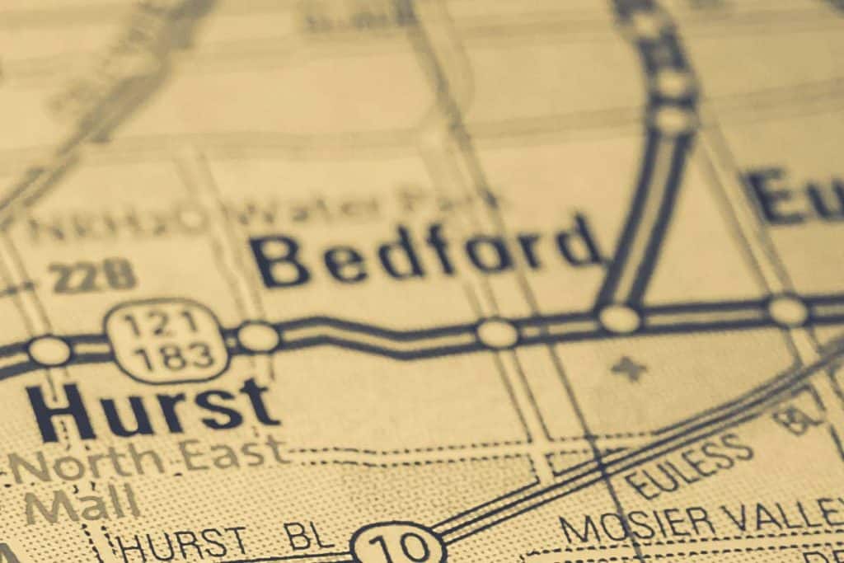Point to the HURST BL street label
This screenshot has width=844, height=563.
tap(223, 542)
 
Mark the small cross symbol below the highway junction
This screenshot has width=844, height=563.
tap(629, 368)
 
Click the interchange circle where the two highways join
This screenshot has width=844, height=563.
tap(619, 318)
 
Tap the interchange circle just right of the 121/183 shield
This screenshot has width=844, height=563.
tap(258, 336)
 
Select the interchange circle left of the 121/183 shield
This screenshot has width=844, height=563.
tap(49, 350)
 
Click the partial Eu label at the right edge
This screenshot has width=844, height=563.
tap(795, 196)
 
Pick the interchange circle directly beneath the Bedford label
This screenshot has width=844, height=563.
tap(497, 334)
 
